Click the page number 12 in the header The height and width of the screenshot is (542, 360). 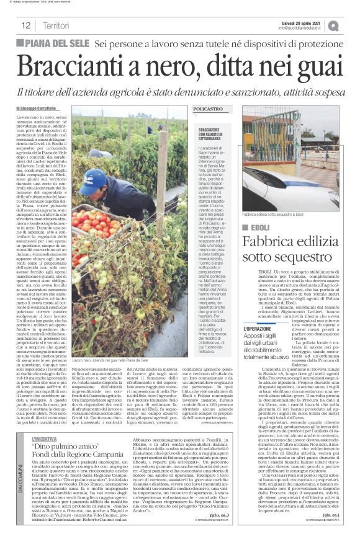point(27,25)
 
